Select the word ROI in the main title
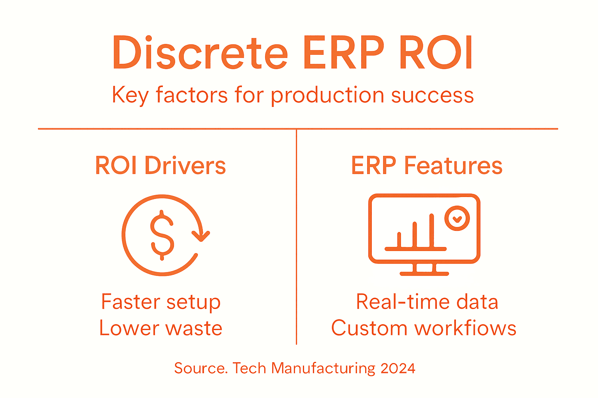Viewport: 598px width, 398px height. click(436, 53)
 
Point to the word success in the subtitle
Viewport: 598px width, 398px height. click(432, 95)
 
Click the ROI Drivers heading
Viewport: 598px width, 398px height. click(160, 166)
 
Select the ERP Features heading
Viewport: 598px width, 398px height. click(427, 166)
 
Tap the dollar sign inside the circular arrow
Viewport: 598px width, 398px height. click(162, 235)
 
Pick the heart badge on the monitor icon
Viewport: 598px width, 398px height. click(457, 218)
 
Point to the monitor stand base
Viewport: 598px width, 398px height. click(424, 274)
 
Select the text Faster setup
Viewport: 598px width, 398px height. click(160, 302)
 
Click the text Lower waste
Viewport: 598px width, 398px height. click(160, 328)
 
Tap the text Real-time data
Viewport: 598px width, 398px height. click(427, 302)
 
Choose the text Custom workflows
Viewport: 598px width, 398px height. click(424, 328)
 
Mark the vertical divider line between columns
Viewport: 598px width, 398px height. click(296, 237)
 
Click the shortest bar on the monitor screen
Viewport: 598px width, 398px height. click(399, 239)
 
